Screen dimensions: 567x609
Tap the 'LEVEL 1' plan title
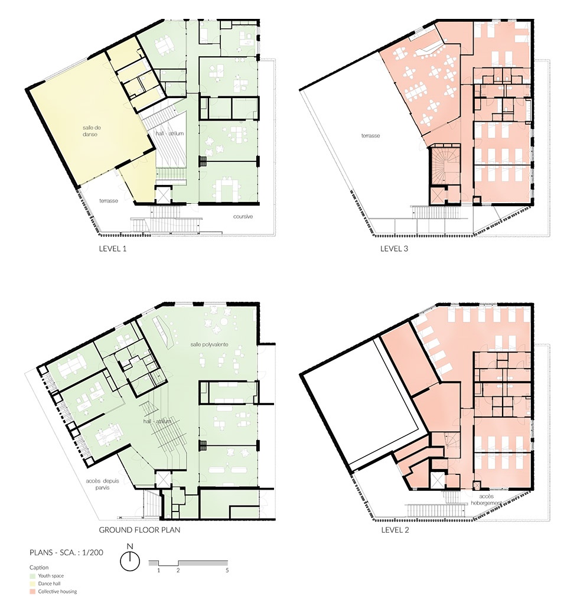113,249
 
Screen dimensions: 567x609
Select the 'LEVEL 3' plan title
394,249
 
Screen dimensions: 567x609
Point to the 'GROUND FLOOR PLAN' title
139,530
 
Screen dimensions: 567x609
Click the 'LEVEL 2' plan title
395,530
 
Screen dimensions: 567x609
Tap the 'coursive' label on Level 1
243,216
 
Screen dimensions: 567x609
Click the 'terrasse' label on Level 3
370,135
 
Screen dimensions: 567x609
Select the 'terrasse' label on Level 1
108,201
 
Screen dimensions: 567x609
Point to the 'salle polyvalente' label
209,344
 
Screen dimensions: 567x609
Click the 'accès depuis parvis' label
103,484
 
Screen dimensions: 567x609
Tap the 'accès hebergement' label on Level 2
486,500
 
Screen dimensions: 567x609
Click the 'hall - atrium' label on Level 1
170,133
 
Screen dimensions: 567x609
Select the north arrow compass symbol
130,561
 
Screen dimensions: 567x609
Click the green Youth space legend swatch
32,576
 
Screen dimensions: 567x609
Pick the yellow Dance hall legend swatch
32,584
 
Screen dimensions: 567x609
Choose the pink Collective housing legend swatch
32,591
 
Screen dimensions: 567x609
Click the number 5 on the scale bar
227,570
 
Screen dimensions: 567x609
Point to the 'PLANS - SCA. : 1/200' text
66,552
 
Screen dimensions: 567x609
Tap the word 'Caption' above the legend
39,568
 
